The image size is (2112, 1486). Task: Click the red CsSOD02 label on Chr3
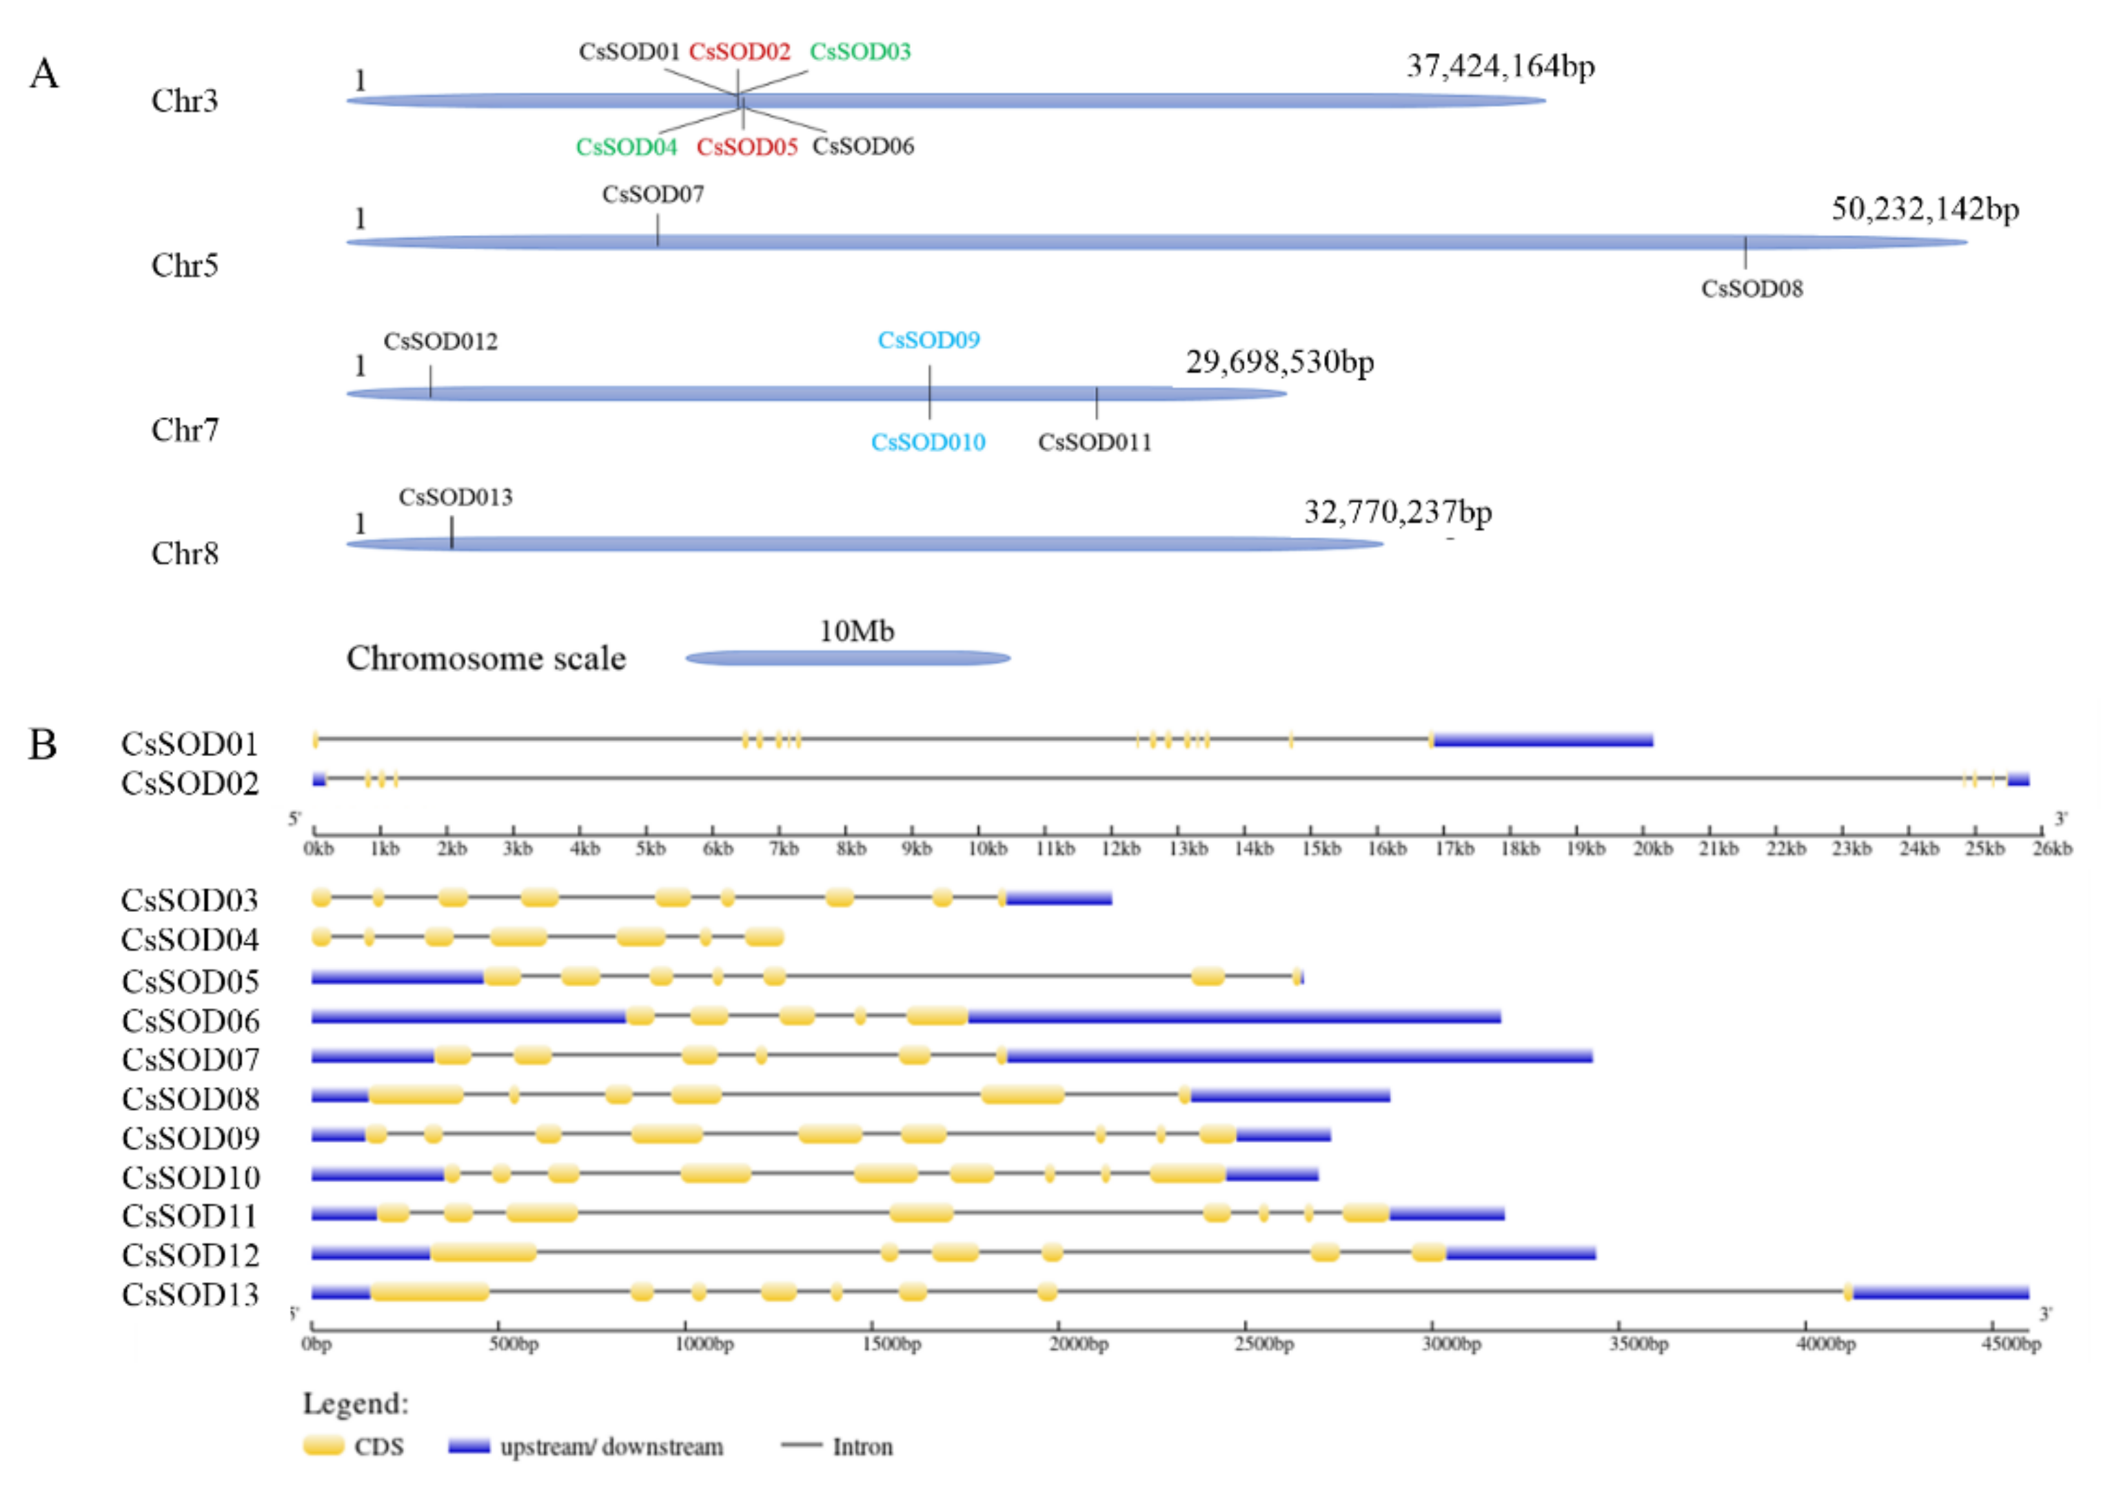pyautogui.click(x=739, y=52)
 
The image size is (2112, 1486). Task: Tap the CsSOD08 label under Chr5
pyautogui.click(x=1751, y=289)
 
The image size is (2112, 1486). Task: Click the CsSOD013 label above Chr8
pyautogui.click(x=456, y=498)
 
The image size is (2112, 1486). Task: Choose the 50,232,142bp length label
pyautogui.click(x=1925, y=210)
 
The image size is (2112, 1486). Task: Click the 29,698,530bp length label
pyautogui.click(x=1279, y=363)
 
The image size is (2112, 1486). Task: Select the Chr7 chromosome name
pyautogui.click(x=185, y=430)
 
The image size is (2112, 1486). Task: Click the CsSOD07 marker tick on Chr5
pyautogui.click(x=658, y=230)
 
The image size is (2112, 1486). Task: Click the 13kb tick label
pyautogui.click(x=1188, y=848)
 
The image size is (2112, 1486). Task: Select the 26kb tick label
pyautogui.click(x=2052, y=848)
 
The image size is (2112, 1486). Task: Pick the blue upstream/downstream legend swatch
pyautogui.click(x=469, y=1447)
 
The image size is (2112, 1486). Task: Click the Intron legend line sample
pyautogui.click(x=800, y=1445)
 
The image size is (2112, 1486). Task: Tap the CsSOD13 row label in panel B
pyautogui.click(x=190, y=1294)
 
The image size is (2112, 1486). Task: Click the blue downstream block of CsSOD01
pyautogui.click(x=1543, y=740)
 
